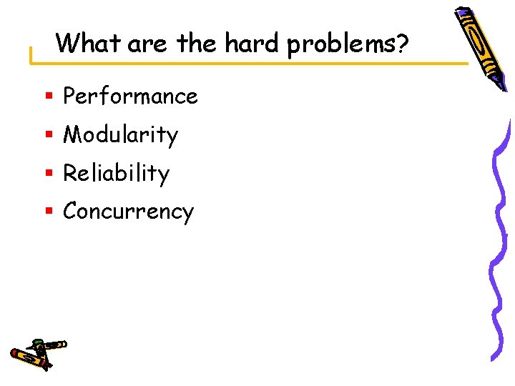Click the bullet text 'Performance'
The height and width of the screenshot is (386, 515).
(x=130, y=96)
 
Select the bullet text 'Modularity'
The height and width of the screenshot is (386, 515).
(x=120, y=134)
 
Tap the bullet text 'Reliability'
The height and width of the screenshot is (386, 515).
(x=116, y=173)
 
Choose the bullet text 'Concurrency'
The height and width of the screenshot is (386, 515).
(x=128, y=212)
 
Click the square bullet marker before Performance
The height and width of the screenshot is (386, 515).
(x=48, y=96)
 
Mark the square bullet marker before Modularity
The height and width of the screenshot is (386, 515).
(x=48, y=135)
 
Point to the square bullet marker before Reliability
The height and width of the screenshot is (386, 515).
(x=48, y=174)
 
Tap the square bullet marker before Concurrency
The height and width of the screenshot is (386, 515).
(x=48, y=212)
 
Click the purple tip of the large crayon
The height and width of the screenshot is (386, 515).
(x=461, y=13)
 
